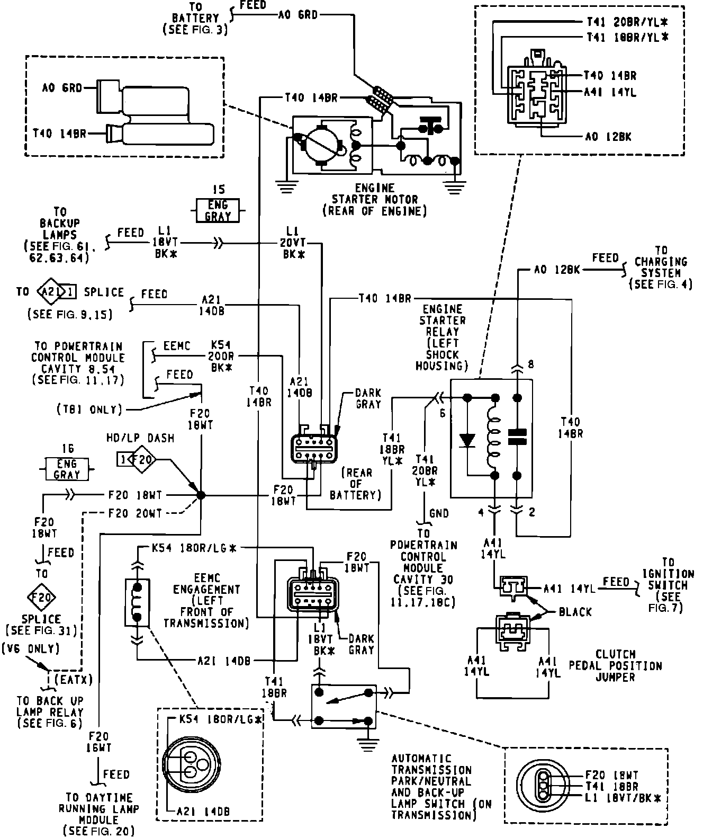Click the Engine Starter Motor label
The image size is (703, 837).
(375, 200)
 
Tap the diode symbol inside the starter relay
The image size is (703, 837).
(467, 439)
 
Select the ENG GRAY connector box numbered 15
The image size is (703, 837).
(218, 210)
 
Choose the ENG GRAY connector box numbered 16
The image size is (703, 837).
(67, 469)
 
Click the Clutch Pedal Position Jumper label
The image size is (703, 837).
(615, 665)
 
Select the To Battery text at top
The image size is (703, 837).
(195, 19)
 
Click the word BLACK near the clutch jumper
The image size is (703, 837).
(575, 612)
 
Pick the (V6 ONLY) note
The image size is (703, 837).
(30, 648)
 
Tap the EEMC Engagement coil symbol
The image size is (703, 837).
(137, 602)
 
